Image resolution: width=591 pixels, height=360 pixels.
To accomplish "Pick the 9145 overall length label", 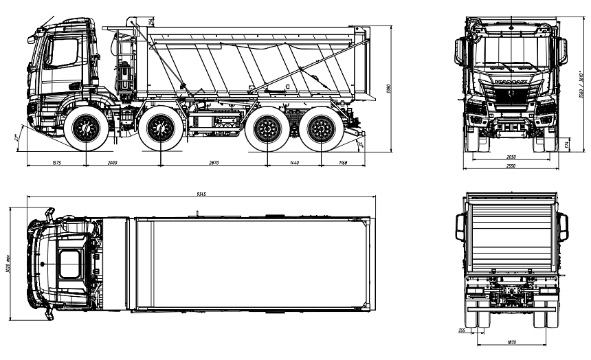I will [x=201, y=194].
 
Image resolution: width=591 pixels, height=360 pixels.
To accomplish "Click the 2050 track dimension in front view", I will [x=511, y=157].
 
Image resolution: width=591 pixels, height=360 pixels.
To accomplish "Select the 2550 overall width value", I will [x=511, y=166].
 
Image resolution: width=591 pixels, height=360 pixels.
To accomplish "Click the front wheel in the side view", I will [x=86, y=128].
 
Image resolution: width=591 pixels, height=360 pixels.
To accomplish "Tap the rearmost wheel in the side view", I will [x=320, y=128].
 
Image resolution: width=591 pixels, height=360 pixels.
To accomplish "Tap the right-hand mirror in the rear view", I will [x=564, y=227].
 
